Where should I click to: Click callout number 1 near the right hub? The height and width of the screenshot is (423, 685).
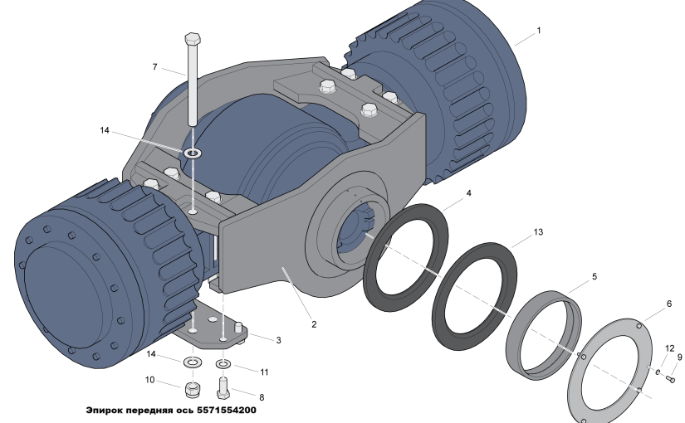click(x=539, y=31)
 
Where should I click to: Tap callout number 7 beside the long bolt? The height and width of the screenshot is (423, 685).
click(x=154, y=67)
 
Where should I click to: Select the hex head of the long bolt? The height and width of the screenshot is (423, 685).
click(x=193, y=39)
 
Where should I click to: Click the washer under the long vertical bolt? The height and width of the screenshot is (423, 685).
click(x=193, y=153)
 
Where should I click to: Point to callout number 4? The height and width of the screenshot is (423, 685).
click(x=469, y=193)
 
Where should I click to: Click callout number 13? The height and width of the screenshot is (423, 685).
click(x=538, y=231)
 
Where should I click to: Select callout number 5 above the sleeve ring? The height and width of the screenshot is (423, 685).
click(x=594, y=276)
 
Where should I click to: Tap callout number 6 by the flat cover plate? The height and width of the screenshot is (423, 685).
click(x=669, y=304)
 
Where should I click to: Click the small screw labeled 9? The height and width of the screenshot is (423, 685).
click(x=671, y=379)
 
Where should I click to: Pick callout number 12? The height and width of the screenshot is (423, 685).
click(x=670, y=348)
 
